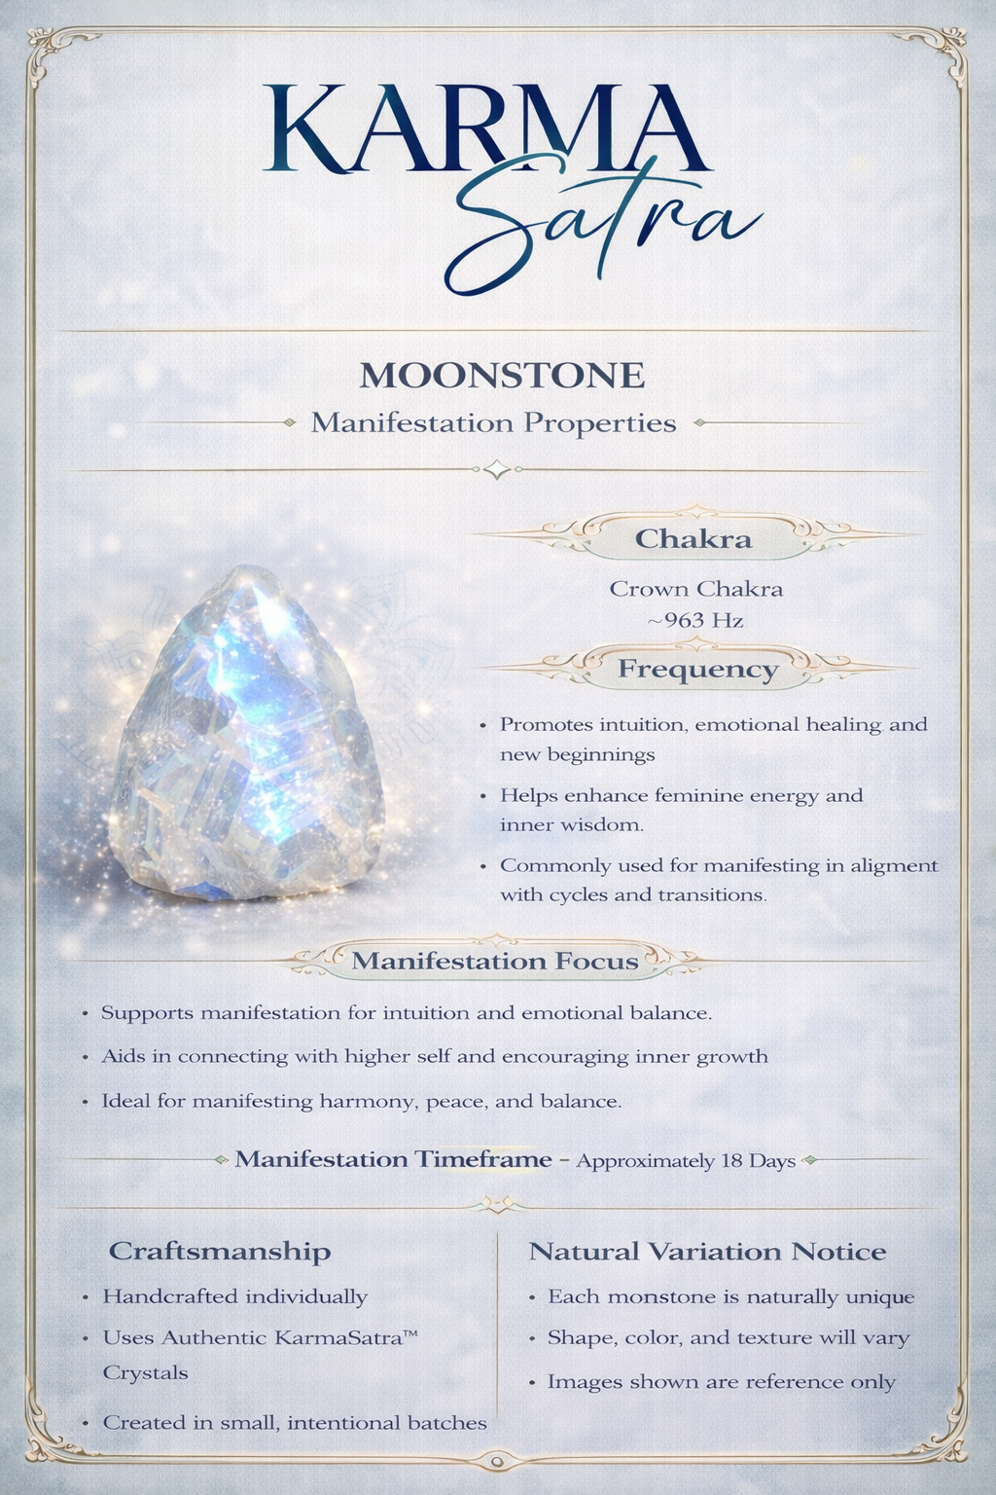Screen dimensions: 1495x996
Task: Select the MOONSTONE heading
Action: click(x=502, y=376)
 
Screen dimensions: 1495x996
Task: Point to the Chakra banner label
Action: click(x=693, y=539)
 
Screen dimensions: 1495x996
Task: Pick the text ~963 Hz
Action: click(x=695, y=620)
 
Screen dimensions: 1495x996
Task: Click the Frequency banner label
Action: click(x=697, y=670)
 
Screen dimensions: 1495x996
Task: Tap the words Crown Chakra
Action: click(x=695, y=589)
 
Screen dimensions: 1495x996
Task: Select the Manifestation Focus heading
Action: click(x=494, y=962)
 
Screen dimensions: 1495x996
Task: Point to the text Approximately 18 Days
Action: click(x=686, y=1161)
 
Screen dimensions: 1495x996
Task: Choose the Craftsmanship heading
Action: click(x=220, y=1251)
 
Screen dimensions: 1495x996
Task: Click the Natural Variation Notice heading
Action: click(x=707, y=1252)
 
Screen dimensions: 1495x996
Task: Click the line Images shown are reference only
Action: click(x=721, y=1382)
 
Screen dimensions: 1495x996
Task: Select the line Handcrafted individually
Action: click(x=235, y=1296)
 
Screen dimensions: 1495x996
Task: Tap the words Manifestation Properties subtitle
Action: click(x=493, y=423)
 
